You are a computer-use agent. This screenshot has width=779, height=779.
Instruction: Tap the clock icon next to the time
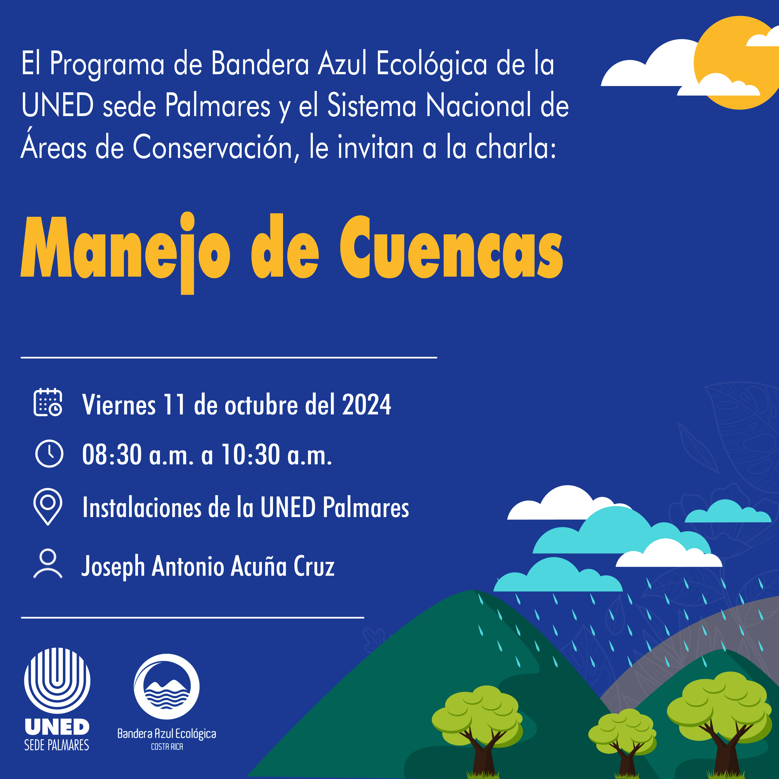(49, 454)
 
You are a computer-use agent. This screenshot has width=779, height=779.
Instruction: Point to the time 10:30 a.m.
(276, 455)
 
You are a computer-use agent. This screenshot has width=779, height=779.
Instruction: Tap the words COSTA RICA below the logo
(167, 747)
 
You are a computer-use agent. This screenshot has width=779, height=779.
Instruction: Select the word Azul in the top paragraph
(342, 65)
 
